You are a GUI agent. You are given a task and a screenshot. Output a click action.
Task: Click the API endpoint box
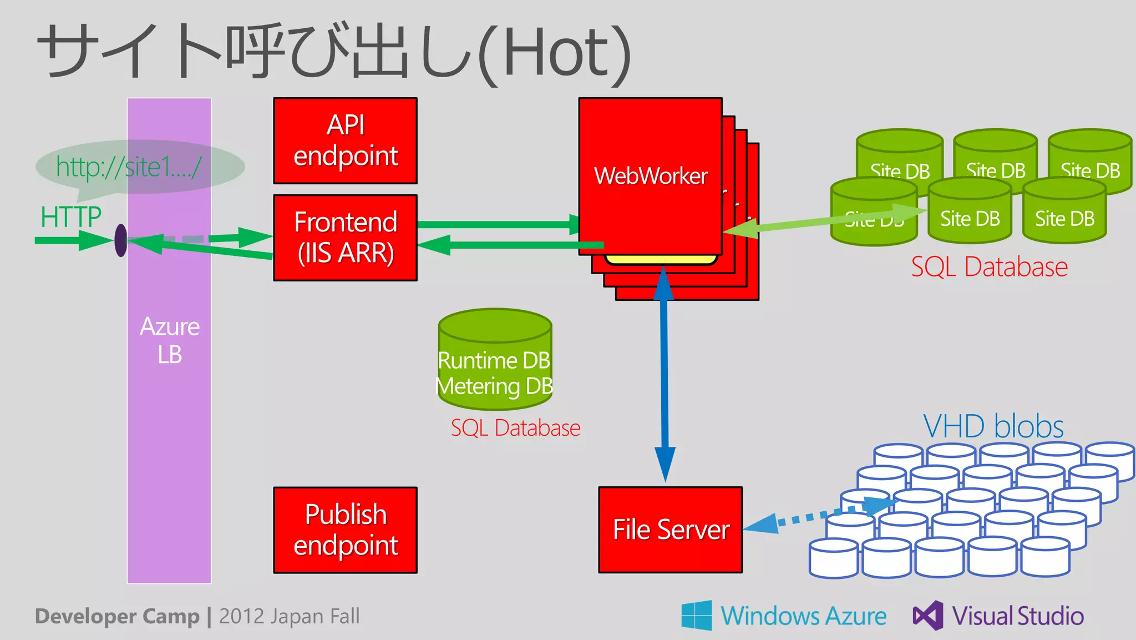pyautogui.click(x=345, y=140)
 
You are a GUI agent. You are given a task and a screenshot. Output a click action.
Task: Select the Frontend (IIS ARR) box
pyautogui.click(x=345, y=238)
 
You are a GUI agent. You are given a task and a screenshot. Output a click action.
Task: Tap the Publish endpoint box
pyautogui.click(x=345, y=530)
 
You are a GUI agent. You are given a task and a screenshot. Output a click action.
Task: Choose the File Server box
pyautogui.click(x=670, y=530)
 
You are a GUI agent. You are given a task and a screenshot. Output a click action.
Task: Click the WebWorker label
pyautogui.click(x=651, y=176)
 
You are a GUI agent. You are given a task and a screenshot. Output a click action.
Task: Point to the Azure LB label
pyautogui.click(x=169, y=340)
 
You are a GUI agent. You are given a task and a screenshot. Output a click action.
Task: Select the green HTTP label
pyautogui.click(x=71, y=216)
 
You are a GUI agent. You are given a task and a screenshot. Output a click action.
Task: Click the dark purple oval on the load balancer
pyautogui.click(x=120, y=240)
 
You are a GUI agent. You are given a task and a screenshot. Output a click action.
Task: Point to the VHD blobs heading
pyautogui.click(x=993, y=426)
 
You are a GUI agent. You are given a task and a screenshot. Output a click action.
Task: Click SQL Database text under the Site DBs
pyautogui.click(x=989, y=267)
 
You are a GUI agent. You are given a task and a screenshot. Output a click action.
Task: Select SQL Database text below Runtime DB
pyautogui.click(x=515, y=428)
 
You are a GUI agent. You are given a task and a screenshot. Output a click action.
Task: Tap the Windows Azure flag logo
pyautogui.click(x=697, y=615)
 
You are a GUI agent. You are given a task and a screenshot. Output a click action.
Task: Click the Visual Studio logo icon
pyautogui.click(x=928, y=615)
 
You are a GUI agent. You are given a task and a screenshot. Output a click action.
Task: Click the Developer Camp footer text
pyautogui.click(x=117, y=616)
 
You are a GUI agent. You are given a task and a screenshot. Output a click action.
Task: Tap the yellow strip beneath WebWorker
pyautogui.click(x=660, y=259)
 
